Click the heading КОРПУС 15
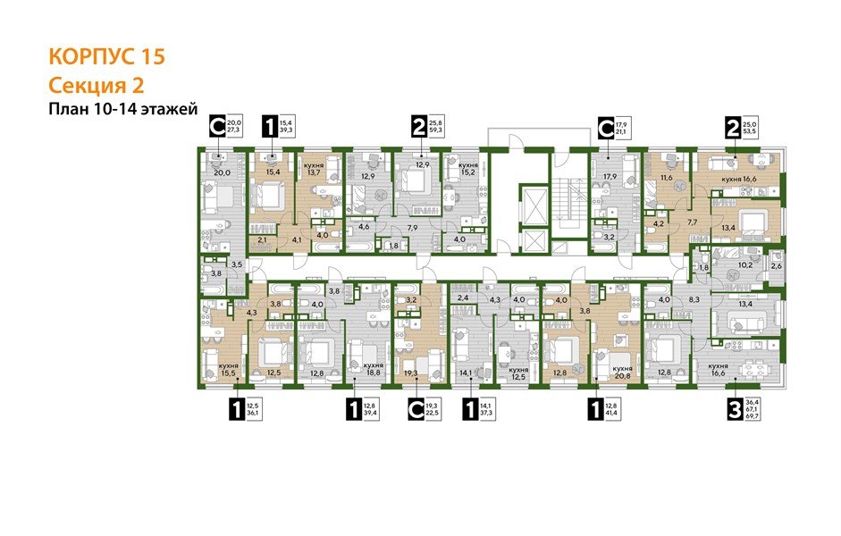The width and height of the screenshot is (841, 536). [x=105, y=56]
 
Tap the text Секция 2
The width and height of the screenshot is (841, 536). [x=96, y=86]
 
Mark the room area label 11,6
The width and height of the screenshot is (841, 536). [x=665, y=179]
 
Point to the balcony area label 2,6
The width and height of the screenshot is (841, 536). [x=776, y=266]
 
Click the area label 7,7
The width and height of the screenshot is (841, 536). [x=692, y=222]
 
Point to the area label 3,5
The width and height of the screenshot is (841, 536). [x=237, y=265]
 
